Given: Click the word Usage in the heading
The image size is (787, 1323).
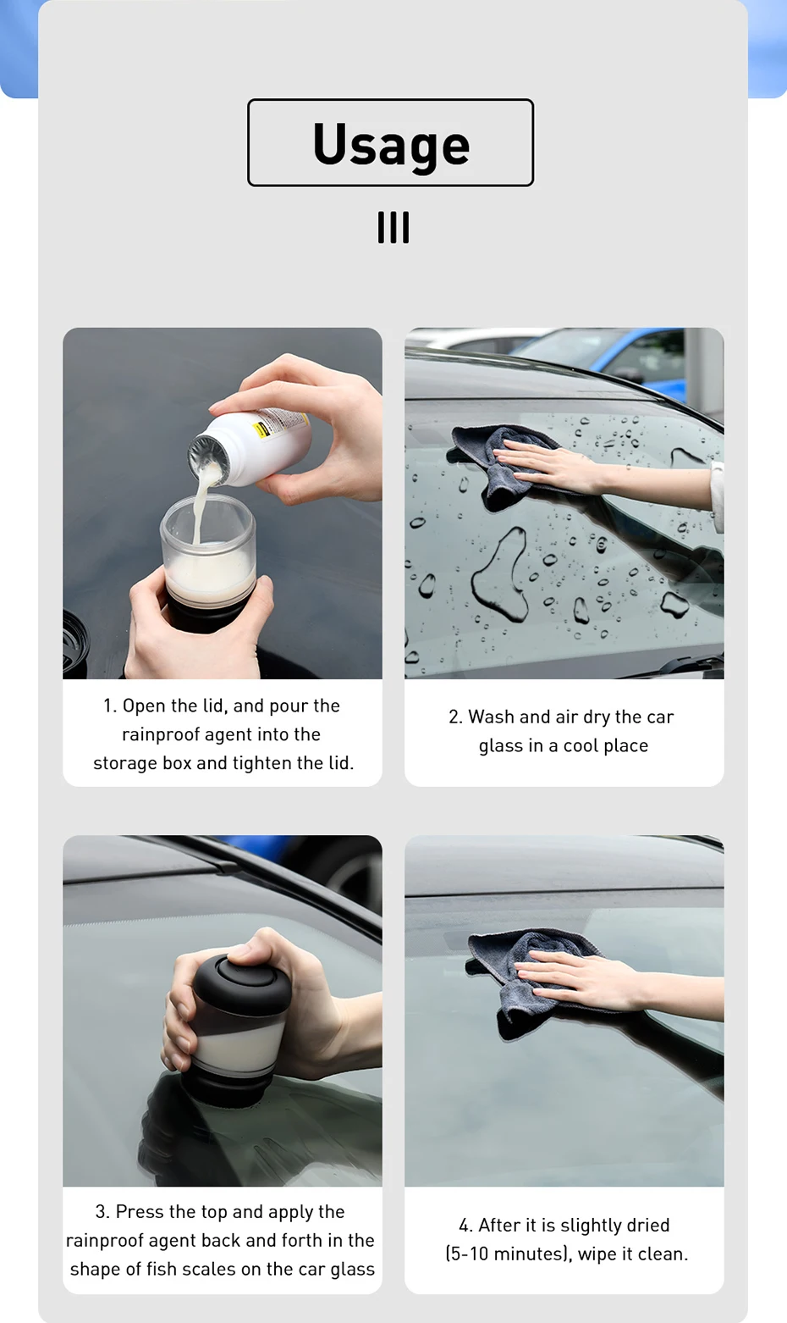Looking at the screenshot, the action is tap(391, 144).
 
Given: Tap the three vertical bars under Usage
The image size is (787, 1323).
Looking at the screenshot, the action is tap(393, 227).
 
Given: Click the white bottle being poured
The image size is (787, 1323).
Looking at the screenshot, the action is tap(250, 447).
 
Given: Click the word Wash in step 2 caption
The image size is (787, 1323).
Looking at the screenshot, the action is tap(491, 717).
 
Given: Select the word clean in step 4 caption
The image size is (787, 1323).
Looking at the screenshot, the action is tap(663, 1254).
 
